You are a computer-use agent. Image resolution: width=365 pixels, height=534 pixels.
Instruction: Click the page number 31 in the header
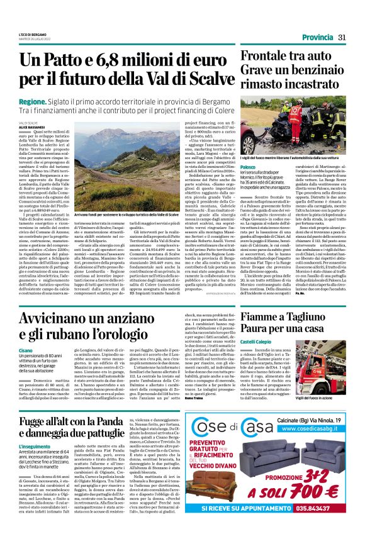tap(341, 37)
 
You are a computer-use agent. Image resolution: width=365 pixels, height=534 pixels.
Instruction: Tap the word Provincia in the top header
tap(315, 37)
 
